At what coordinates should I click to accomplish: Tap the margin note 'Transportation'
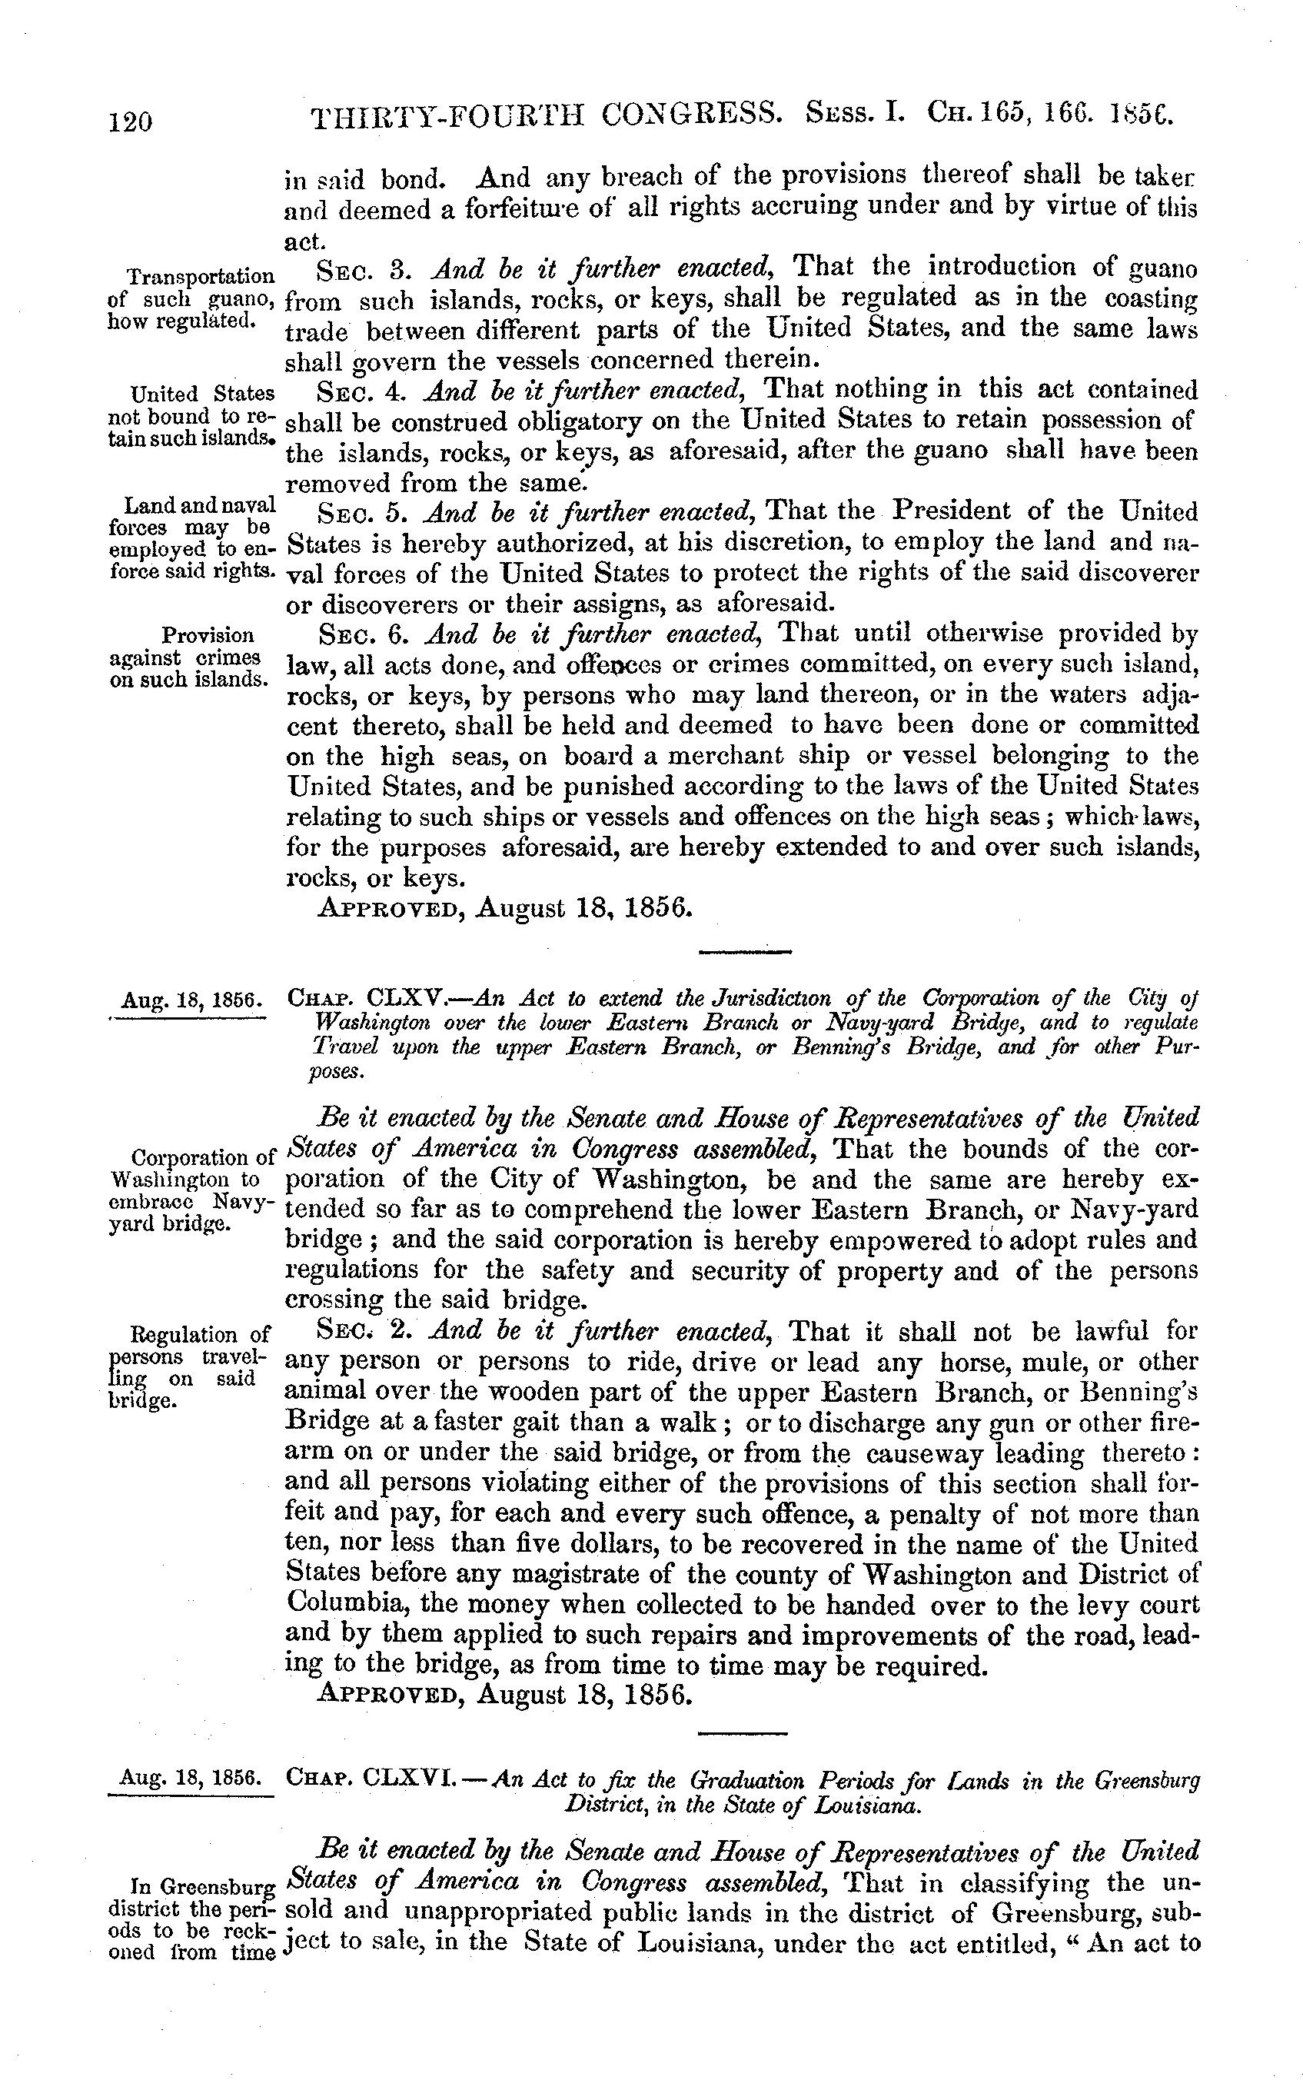[x=201, y=277]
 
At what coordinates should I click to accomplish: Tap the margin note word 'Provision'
[x=208, y=636]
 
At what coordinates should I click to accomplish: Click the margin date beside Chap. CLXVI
[x=191, y=1776]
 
